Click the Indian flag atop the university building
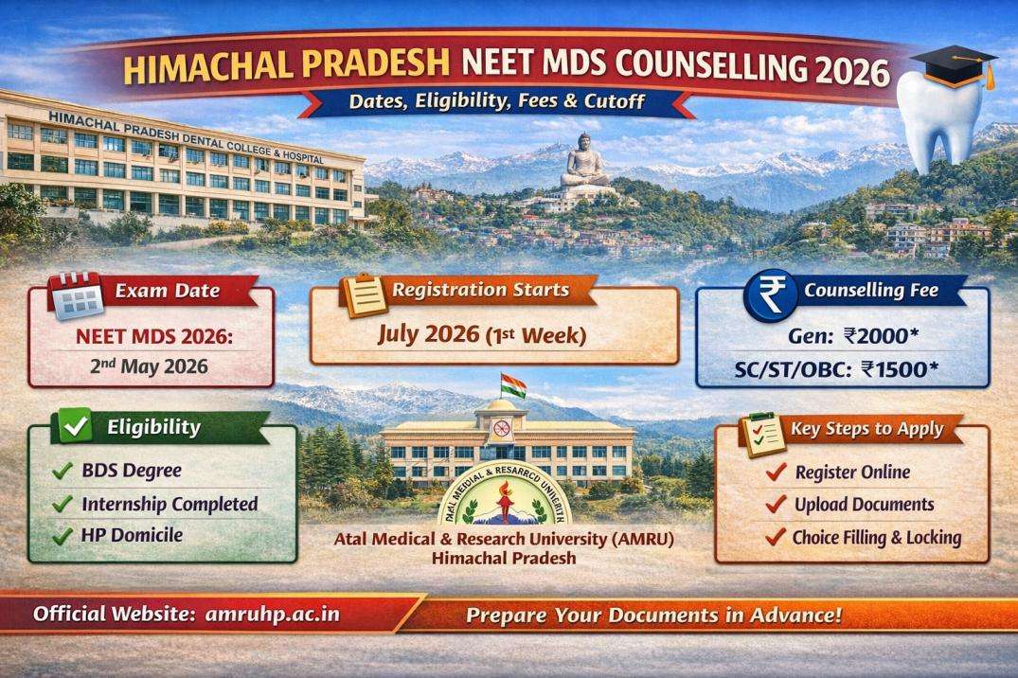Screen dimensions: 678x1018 512,385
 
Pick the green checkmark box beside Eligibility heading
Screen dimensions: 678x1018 75,428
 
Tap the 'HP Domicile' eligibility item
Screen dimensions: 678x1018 132,536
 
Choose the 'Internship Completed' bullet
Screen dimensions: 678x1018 169,504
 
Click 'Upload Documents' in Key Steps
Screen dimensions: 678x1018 864,505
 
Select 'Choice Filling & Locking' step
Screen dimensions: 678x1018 877,538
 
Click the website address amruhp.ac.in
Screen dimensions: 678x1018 272,614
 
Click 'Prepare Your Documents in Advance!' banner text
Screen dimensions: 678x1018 652,615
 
